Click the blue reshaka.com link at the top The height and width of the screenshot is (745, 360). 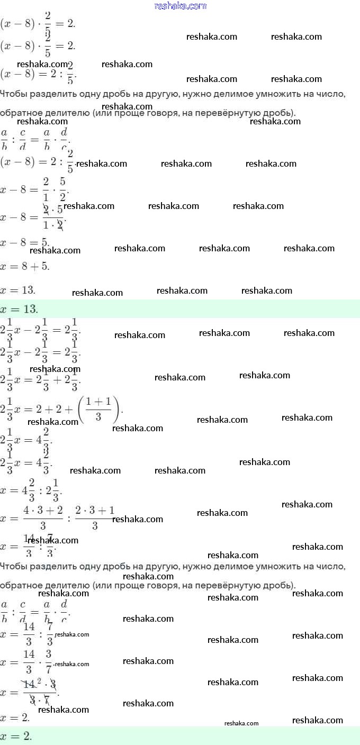coord(180,6)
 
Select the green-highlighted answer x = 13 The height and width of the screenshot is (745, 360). coord(19,309)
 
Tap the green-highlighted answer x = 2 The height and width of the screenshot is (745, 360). coord(16,736)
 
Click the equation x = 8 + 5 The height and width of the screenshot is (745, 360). coord(25,266)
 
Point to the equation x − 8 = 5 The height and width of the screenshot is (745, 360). coord(25,242)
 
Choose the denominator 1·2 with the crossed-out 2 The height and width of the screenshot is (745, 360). coord(52,225)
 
